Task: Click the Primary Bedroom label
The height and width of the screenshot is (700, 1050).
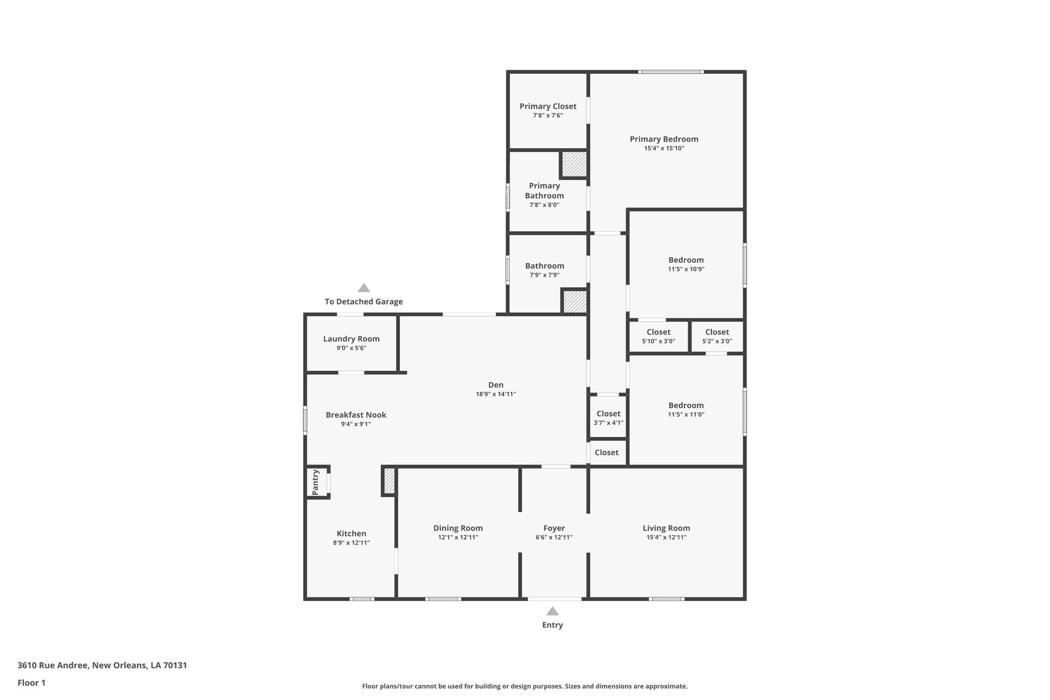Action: coord(663,139)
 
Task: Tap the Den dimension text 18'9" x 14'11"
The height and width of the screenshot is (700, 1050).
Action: coord(495,394)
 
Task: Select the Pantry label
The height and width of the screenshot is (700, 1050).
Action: coord(316,482)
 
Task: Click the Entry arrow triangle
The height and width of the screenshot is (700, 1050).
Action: coord(552,611)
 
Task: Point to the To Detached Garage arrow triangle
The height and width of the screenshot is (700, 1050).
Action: coord(364,288)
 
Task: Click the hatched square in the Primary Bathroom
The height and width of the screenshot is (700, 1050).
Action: coord(574,164)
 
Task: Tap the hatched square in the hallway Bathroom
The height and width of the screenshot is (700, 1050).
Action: coord(575,302)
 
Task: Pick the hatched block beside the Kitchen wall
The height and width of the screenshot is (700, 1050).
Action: coord(389,481)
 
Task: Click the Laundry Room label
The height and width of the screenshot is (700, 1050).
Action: coord(351,339)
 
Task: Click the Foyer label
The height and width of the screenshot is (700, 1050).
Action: coord(554,528)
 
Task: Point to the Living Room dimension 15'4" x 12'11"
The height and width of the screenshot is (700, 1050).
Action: coord(666,537)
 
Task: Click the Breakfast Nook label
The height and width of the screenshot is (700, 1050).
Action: coord(356,415)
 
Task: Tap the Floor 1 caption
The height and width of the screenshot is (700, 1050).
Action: coord(32,683)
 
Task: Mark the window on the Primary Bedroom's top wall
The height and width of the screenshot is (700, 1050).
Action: coord(671,72)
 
